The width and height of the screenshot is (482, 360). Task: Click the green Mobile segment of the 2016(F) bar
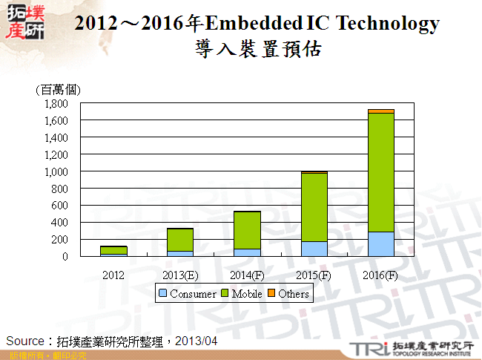coord(381,172)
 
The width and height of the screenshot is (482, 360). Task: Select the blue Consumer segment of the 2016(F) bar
coord(381,244)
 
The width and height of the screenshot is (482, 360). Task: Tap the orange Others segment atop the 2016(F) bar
coord(381,111)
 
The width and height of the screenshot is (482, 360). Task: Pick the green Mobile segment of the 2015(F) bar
coord(314,207)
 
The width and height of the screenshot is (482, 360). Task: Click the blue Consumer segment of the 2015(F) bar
coord(314,249)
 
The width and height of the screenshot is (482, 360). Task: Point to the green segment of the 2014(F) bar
coord(247,230)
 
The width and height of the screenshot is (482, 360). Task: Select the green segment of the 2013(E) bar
coord(180,240)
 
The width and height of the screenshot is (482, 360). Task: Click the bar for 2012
coord(113,250)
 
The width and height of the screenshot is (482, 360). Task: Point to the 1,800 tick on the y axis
coord(56,104)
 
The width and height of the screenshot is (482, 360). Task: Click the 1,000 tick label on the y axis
coord(56,171)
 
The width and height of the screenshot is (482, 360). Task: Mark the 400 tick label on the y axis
coord(61,223)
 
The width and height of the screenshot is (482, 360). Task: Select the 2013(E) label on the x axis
coord(180,275)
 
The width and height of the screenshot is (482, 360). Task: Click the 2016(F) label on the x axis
coord(381,275)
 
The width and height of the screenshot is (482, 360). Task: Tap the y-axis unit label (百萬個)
coord(58,90)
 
